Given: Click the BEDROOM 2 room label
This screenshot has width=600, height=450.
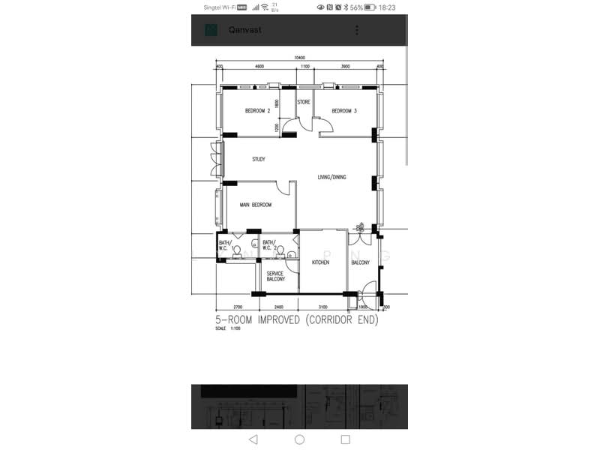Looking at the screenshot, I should coord(257,111).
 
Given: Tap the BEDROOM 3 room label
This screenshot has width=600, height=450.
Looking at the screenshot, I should coord(344,111).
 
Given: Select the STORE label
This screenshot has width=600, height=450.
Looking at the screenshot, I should coord(304,102).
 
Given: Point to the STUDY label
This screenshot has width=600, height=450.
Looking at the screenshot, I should coord(259,159).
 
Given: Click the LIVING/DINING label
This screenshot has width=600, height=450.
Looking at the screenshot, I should coord(332,177).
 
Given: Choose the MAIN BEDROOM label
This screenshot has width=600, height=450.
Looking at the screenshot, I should coord(256,205).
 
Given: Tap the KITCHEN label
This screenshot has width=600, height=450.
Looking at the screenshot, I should coord(320,262).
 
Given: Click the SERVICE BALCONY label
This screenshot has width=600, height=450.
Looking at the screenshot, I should coord(275,276).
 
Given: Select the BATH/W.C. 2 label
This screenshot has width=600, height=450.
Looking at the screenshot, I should coord(269,245).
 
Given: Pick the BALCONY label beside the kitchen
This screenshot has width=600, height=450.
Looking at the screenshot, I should coord(360,262).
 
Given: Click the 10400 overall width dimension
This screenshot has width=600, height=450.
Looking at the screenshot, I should coord(299,58).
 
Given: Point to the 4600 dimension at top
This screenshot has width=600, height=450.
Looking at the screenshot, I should coord(259,67).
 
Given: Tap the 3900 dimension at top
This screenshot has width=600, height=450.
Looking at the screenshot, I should coord(346,67).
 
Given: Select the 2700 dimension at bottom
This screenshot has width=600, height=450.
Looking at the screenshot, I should coord(238,307).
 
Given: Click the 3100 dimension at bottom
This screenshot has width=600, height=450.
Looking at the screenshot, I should coord(322,307).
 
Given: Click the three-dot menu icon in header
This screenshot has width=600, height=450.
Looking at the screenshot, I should coord(357,30).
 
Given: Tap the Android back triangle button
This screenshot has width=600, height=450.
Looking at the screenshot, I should coord(253,439).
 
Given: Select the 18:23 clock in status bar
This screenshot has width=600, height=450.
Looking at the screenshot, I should coord(387,7).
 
